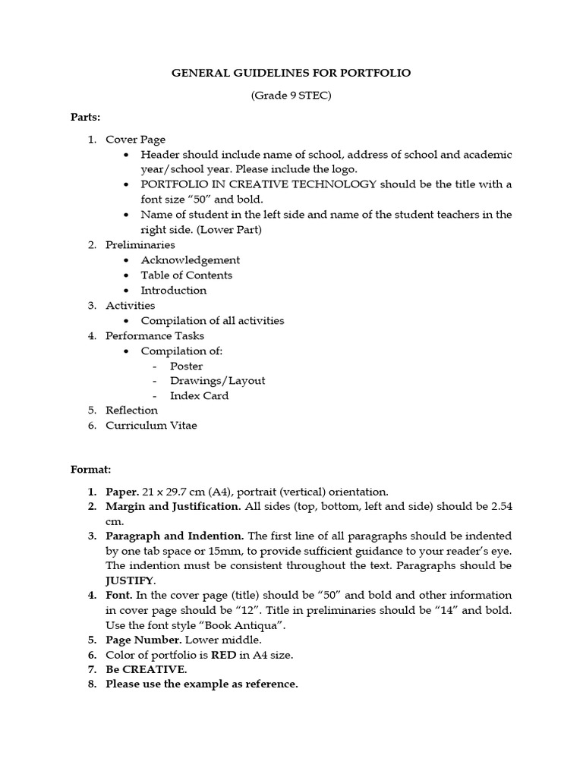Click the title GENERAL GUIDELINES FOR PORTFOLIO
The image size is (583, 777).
[x=291, y=73]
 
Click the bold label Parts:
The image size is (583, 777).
[x=85, y=117]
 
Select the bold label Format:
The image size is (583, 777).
[x=90, y=470]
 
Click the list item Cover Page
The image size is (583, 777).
[x=135, y=140]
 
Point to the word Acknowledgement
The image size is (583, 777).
[x=191, y=260]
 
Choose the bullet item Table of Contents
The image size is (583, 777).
[x=187, y=275]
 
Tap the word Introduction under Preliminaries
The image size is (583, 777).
[x=174, y=291]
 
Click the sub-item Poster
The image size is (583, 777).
[x=186, y=366]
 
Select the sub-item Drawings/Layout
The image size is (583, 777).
[x=217, y=381]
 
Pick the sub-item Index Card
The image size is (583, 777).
[x=199, y=395]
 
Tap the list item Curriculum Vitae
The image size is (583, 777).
[x=151, y=426]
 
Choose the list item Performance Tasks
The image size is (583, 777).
[x=155, y=335]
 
